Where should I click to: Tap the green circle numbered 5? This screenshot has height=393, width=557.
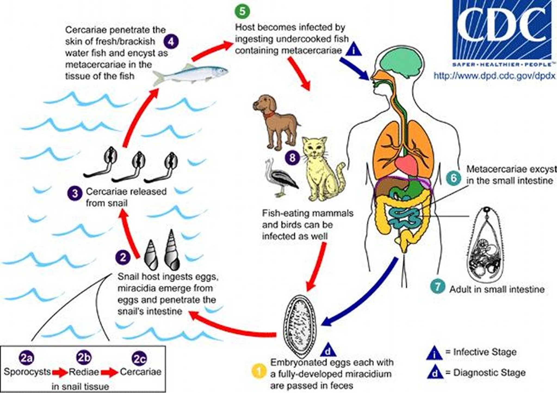click(x=242, y=12)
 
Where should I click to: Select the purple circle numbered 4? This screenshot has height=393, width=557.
click(x=172, y=42)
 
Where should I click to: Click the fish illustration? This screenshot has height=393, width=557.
click(x=190, y=73)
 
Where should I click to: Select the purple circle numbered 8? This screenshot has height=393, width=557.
click(x=292, y=158)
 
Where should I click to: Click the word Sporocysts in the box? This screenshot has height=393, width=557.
click(x=27, y=372)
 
